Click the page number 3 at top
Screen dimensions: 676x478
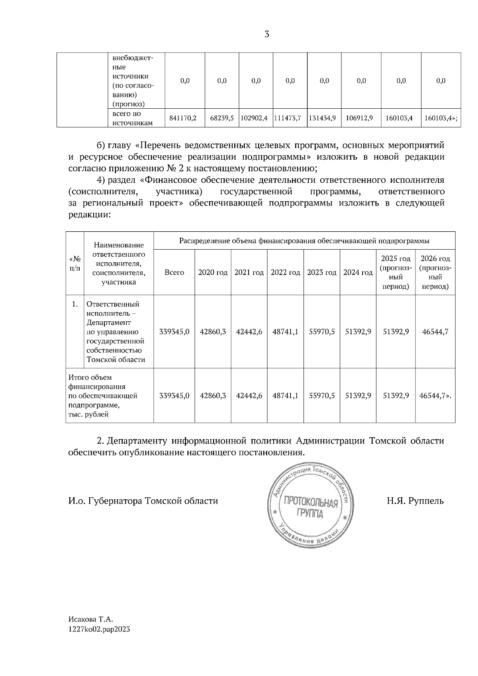267,34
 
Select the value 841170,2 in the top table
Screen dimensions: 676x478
183,118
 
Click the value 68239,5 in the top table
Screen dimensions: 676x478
222,118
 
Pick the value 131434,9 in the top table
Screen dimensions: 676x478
324,118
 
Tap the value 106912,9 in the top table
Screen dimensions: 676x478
361,118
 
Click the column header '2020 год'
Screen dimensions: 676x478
213,273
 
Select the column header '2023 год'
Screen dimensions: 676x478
321,273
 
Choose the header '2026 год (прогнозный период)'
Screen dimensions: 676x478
435,273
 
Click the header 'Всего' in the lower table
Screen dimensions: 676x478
174,273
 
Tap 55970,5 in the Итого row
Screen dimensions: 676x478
322,396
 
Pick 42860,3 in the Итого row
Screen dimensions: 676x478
213,396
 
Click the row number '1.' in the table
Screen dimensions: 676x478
74,304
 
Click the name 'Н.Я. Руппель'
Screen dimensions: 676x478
415,501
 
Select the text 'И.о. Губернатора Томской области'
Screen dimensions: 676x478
143,501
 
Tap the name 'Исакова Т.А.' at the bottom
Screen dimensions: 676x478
91,620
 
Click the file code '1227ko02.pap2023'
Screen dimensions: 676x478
99,629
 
